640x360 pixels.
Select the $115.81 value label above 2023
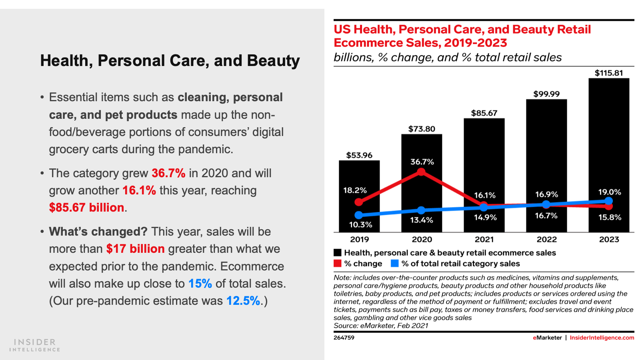pyautogui.click(x=608, y=73)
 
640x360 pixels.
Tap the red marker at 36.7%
pyautogui.click(x=421, y=172)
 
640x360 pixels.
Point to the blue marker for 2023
pyautogui.click(x=608, y=201)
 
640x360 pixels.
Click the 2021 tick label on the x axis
pyautogui.click(x=484, y=239)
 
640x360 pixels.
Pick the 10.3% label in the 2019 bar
pyautogui.click(x=360, y=224)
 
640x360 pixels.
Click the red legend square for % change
pyautogui.click(x=338, y=263)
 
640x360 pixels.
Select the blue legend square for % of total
pyautogui.click(x=395, y=263)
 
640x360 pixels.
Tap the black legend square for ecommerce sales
pyautogui.click(x=338, y=252)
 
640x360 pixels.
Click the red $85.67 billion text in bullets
pyautogui.click(x=86, y=207)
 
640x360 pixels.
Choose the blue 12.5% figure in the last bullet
pyautogui.click(x=243, y=300)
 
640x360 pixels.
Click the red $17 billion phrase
pyautogui.click(x=135, y=248)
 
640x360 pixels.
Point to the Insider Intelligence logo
pyautogui.click(x=35, y=345)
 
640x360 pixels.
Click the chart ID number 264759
pyautogui.click(x=344, y=338)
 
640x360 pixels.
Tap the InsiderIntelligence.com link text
pyautogui.click(x=602, y=338)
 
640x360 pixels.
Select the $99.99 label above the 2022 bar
pyautogui.click(x=546, y=94)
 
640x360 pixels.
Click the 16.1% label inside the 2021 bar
pyautogui.click(x=485, y=195)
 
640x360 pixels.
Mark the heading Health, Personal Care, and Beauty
pyautogui.click(x=170, y=61)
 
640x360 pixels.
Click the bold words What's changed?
pyautogui.click(x=98, y=231)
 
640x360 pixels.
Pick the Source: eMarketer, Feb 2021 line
pyautogui.click(x=381, y=326)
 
